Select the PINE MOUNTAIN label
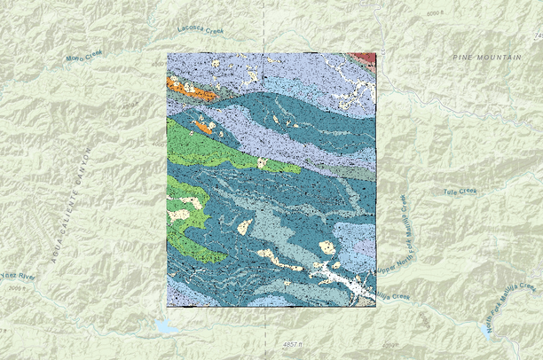[x=487, y=57]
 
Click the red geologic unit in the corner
[x=366, y=59]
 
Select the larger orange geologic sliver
[x=192, y=90]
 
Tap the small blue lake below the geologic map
[x=166, y=327]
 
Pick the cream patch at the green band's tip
[x=262, y=162]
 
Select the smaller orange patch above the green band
[x=203, y=127]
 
